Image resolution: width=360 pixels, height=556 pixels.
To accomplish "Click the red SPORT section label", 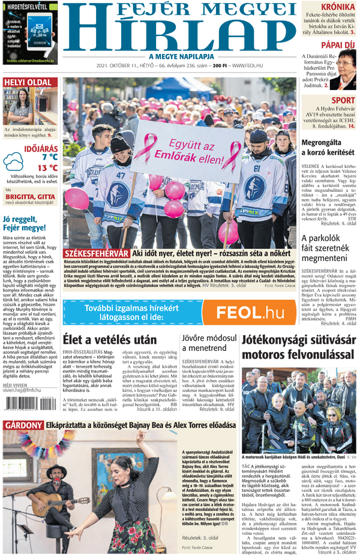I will pyautogui.click(x=343, y=100).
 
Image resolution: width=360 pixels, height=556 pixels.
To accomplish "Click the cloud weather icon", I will pyautogui.click(x=13, y=162).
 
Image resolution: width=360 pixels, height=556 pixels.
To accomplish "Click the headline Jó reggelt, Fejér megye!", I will pyautogui.click(x=25, y=223).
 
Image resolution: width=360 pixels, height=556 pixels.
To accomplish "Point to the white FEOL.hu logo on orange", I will pyautogui.click(x=250, y=312).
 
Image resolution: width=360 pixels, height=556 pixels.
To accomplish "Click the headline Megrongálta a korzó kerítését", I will pyautogui.click(x=329, y=148).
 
